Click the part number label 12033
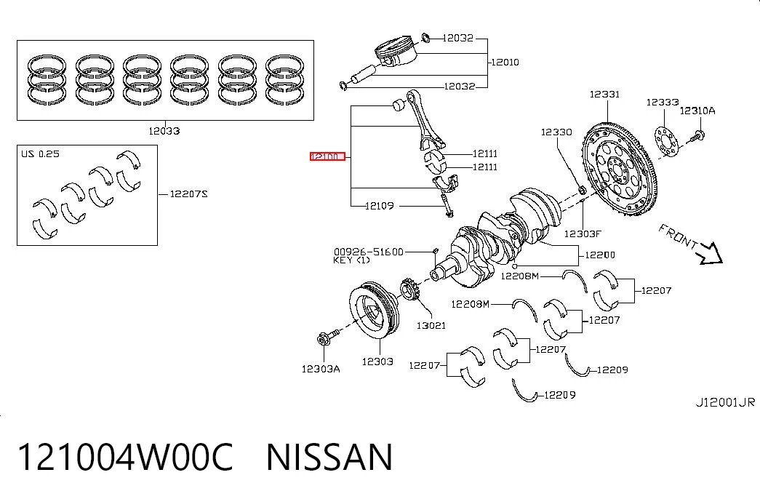coord(164,131)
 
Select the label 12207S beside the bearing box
coord(188,194)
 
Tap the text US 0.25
coord(40,154)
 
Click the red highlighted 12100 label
coord(328,156)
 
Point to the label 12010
coord(505,62)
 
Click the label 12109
coord(379,206)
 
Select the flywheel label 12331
coord(604,94)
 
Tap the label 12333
coord(662,103)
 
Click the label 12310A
coord(697,111)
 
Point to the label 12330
coord(556,132)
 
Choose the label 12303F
coord(583,233)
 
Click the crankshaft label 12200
coord(600,255)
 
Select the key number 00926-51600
coord(369,252)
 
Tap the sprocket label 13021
coord(431,325)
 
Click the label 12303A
coord(321,369)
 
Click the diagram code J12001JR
coord(725,402)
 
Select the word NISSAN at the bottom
coord(329,457)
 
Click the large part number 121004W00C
coord(125,457)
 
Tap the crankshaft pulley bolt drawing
coord(328,336)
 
